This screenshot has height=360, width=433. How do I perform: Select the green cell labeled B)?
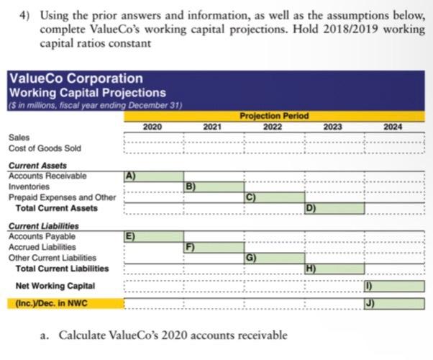click(214, 186)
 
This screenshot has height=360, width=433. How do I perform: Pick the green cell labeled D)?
click(334, 209)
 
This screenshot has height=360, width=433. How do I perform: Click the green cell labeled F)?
click(214, 247)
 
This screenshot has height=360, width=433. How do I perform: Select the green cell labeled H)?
click(334, 269)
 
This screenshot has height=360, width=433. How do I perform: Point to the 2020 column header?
click(152, 126)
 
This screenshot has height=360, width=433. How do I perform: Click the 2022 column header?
click(273, 126)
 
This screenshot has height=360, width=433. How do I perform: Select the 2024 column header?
click(393, 126)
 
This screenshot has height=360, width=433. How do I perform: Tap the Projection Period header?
click(273, 116)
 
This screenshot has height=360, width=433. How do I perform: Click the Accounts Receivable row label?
click(47, 176)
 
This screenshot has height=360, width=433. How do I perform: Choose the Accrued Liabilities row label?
click(44, 247)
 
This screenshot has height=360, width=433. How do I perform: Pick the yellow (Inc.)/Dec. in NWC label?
click(50, 304)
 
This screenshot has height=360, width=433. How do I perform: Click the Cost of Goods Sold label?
click(44, 148)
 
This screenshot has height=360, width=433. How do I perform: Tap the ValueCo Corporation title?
click(75, 78)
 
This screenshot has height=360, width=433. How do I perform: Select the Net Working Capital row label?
click(55, 287)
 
